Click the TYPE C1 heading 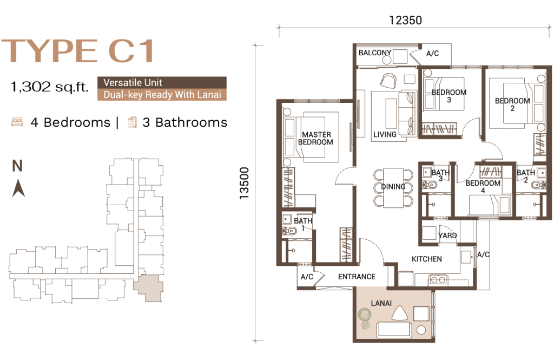pos(78,51)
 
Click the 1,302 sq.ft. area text pos(49,87)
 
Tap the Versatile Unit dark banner pos(162,83)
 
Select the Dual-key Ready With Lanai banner pos(162,95)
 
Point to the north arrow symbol pos(18,188)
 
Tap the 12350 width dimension pos(405,20)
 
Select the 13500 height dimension pos(244,183)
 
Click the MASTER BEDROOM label pos(315,138)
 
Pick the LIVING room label pos(385,134)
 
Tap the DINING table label pos(393,187)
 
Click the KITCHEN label pos(426,259)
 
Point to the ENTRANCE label pos(357,277)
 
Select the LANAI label pos(381,303)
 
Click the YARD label pos(447,235)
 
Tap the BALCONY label pos(375,53)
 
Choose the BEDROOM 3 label pos(449,96)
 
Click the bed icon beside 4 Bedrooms pos(17,122)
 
